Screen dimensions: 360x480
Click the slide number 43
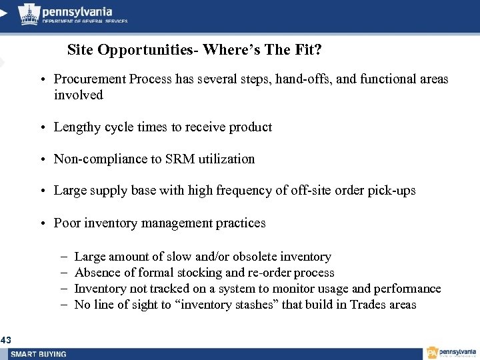coord(6,341)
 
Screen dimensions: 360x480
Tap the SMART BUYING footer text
coord(39,354)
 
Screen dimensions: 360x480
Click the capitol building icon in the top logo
coord(29,13)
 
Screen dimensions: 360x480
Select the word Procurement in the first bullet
coord(90,79)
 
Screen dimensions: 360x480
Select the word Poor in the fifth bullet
coord(67,223)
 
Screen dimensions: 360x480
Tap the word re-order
coord(268,273)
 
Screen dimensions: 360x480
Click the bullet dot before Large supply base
coord(41,191)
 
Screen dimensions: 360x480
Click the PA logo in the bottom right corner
coord(433,352)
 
